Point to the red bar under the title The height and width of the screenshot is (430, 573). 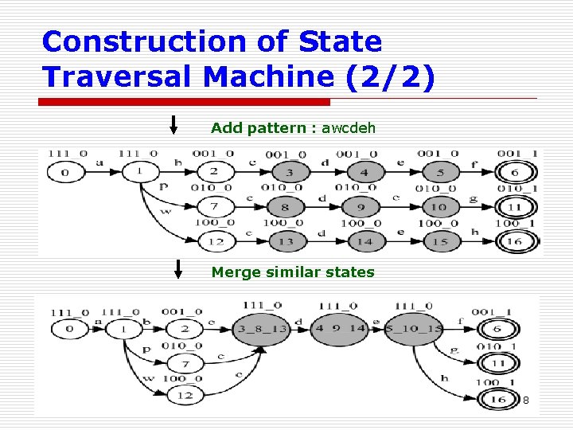pyautogui.click(x=185, y=102)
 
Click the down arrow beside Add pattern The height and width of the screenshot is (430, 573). pyautogui.click(x=175, y=125)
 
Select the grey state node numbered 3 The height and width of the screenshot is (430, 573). pyautogui.click(x=290, y=172)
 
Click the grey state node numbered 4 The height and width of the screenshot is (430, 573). pyautogui.click(x=363, y=172)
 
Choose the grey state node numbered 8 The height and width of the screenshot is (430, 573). pyautogui.click(x=290, y=207)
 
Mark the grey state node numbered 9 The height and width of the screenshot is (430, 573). pyautogui.click(x=363, y=207)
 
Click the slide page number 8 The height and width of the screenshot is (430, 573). pyautogui.click(x=525, y=399)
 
